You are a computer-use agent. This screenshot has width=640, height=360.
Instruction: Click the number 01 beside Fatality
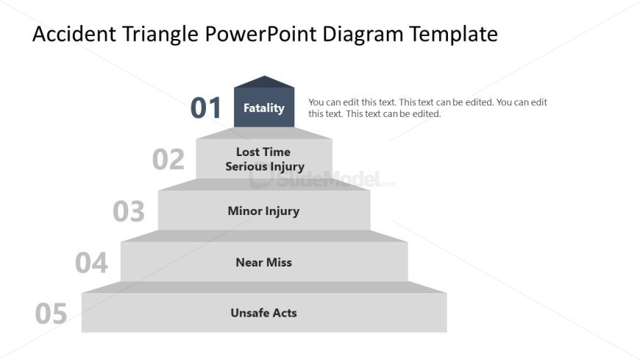point(206,108)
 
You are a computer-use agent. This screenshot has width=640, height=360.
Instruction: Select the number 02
point(168,160)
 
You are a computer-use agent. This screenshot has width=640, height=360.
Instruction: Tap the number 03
point(129,211)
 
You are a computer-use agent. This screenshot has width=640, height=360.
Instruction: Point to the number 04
point(91,263)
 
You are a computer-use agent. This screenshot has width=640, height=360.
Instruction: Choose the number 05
point(51,314)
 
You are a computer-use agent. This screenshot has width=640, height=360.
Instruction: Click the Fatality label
point(264,108)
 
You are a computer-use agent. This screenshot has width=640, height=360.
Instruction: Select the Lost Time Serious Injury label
point(264,159)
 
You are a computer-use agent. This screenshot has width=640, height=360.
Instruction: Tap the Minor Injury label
point(263,211)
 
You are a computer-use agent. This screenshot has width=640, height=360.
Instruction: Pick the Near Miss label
point(263,262)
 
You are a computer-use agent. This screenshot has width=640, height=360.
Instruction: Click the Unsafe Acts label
point(263,313)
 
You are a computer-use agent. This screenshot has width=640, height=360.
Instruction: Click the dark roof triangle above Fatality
point(264,82)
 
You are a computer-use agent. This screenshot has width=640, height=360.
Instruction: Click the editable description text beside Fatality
point(427,108)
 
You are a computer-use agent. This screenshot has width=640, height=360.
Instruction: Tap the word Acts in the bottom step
point(283,313)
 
